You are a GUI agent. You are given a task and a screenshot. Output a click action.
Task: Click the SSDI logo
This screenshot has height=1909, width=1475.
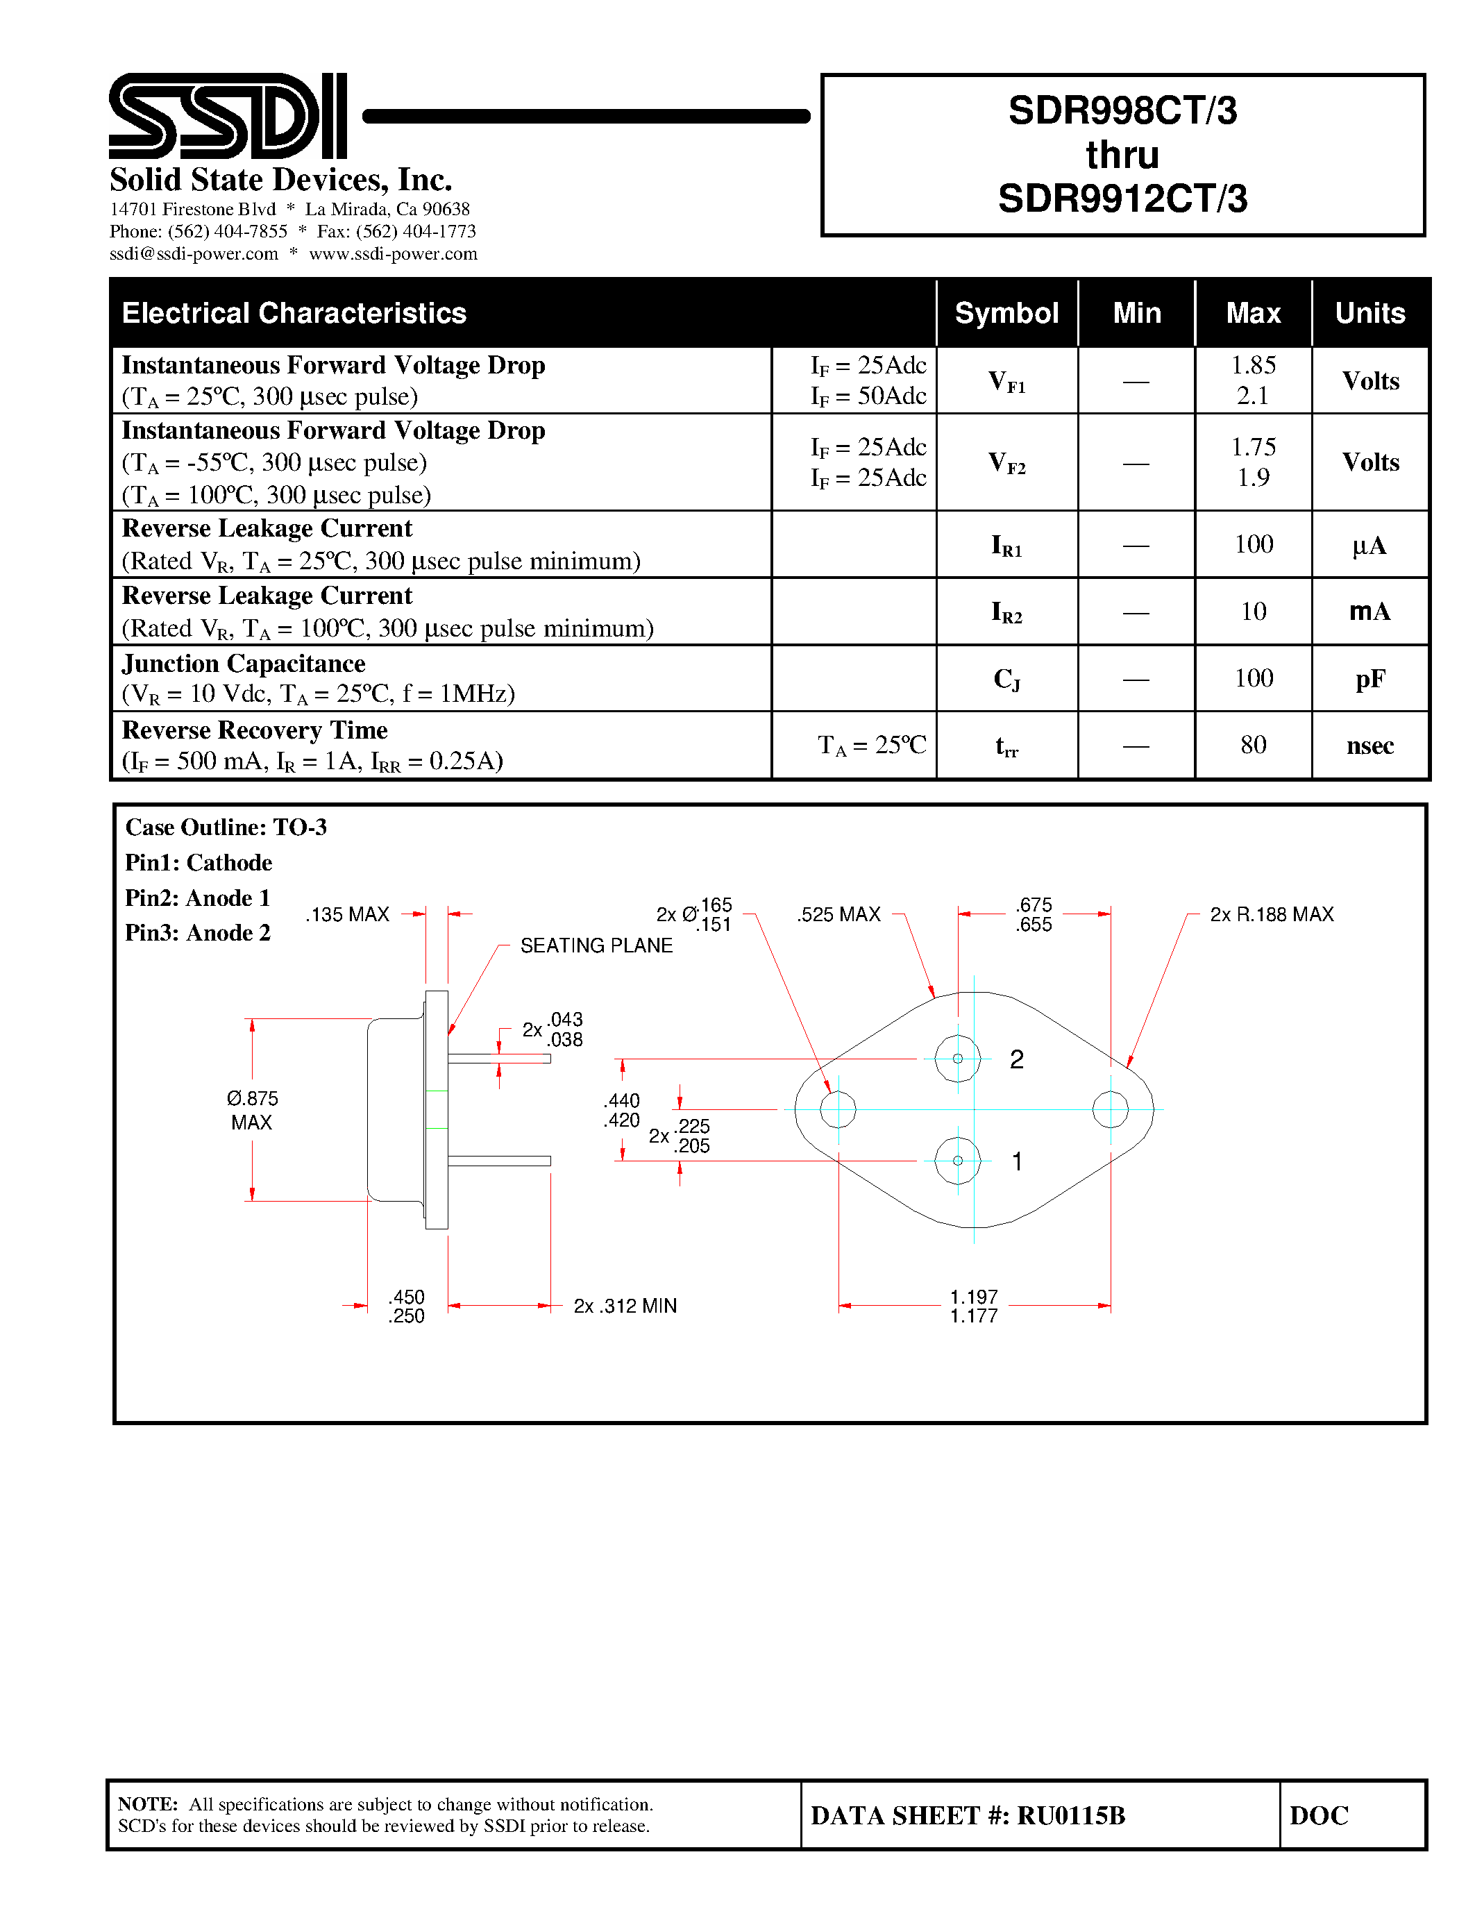[227, 116]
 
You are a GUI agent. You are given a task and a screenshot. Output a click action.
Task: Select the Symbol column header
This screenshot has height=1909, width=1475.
[1006, 313]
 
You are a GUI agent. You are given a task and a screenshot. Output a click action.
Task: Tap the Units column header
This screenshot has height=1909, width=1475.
[1369, 313]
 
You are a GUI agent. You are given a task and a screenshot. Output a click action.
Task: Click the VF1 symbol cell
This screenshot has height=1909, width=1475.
[1006, 381]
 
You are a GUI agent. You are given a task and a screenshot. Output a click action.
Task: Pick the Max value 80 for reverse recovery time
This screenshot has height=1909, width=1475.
[1253, 745]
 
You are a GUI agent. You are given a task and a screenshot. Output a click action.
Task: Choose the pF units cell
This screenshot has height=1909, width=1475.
[1369, 679]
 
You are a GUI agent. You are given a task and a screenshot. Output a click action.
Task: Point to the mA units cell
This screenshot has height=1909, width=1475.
[1369, 612]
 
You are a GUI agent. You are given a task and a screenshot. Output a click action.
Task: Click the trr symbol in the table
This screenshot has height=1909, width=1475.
[1006, 746]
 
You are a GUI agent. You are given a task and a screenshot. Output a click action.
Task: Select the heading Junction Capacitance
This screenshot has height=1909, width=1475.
[244, 664]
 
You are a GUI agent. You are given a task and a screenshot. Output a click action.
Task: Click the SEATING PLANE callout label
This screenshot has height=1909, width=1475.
[596, 945]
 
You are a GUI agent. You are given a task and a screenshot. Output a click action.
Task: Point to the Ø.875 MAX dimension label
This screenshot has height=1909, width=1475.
[252, 1110]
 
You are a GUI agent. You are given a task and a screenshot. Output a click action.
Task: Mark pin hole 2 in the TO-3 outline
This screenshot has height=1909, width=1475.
[958, 1059]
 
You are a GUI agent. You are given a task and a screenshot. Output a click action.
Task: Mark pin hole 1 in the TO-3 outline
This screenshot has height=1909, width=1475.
[958, 1161]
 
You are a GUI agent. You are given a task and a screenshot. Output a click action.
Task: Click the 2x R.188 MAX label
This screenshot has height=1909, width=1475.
[1272, 914]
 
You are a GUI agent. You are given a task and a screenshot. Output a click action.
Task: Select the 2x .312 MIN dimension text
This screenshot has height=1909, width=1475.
[625, 1306]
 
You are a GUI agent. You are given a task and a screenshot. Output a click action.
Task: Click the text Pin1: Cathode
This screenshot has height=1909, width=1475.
[199, 863]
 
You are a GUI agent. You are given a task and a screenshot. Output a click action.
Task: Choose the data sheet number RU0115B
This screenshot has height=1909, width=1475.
[1070, 1815]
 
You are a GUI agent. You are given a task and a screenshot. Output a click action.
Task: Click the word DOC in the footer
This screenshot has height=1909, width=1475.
[1319, 1815]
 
